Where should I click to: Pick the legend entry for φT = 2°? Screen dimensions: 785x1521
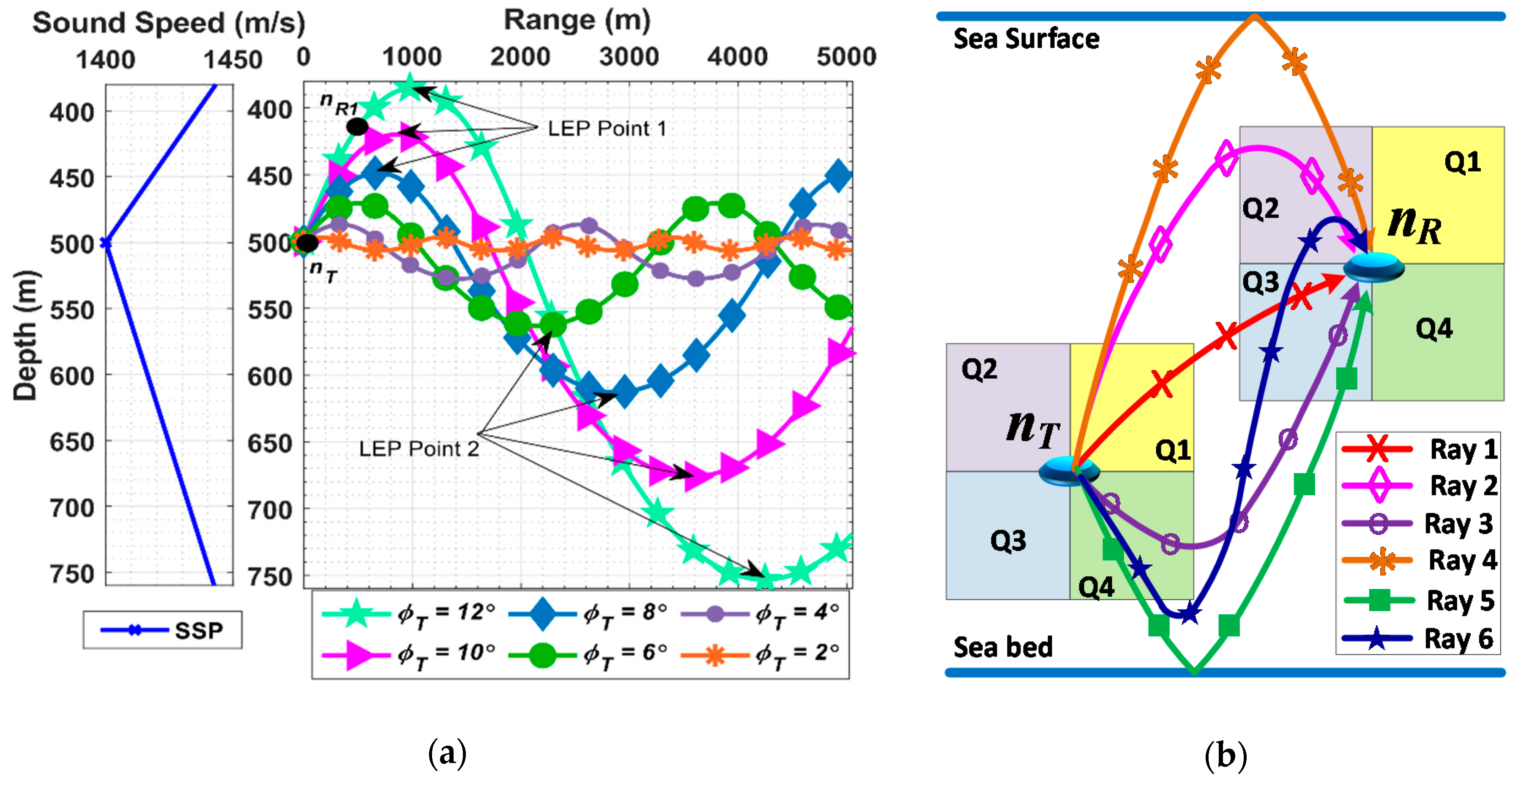click(x=762, y=654)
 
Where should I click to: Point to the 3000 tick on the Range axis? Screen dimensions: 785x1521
click(x=629, y=57)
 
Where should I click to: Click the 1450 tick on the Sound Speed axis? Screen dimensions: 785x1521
click(x=233, y=60)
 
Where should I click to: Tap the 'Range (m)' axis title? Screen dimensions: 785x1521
click(x=577, y=21)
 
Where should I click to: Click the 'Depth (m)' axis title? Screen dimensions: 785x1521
click(x=25, y=336)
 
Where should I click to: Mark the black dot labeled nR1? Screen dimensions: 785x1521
click(x=357, y=126)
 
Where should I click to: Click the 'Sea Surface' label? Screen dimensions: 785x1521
click(x=1026, y=39)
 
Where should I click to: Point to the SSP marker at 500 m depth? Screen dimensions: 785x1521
click(x=106, y=243)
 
